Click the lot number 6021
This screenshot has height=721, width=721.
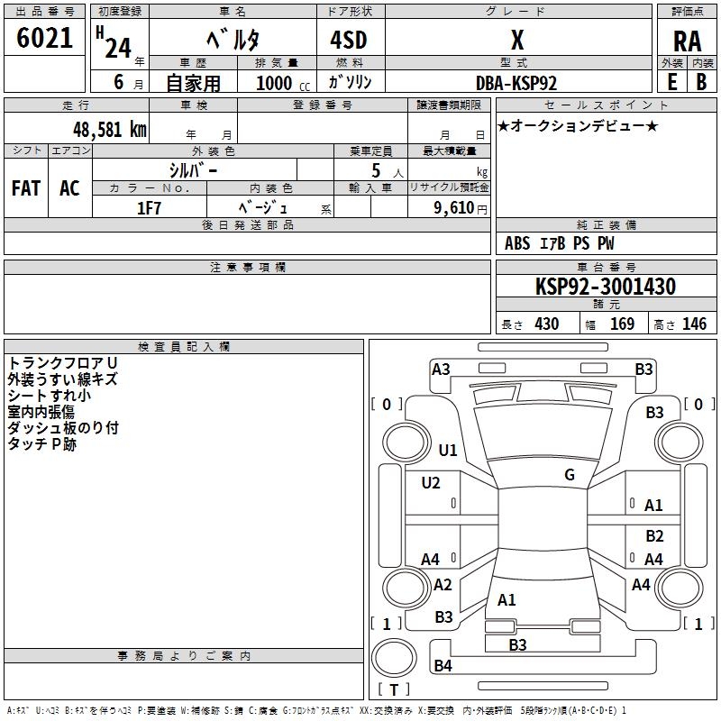pos(45,39)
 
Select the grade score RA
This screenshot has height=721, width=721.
pos(687,41)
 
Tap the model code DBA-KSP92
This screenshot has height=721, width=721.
pos(516,82)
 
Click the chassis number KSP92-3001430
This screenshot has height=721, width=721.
pos(606,287)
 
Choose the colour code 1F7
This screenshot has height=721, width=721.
pos(149,206)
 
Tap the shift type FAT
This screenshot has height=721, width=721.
pos(25,188)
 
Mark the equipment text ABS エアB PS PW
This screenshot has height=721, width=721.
pos(561,243)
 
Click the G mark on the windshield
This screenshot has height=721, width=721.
pos(570,475)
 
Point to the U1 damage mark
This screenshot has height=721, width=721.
pos(448,451)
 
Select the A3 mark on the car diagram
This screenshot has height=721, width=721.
pos(441,369)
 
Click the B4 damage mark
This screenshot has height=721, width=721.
pos(443,666)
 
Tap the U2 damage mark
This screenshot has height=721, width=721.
pos(431,483)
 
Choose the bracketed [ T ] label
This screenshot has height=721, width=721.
pos(394,690)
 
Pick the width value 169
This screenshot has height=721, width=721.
pos(622,324)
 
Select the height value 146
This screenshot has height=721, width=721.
pos(694,324)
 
